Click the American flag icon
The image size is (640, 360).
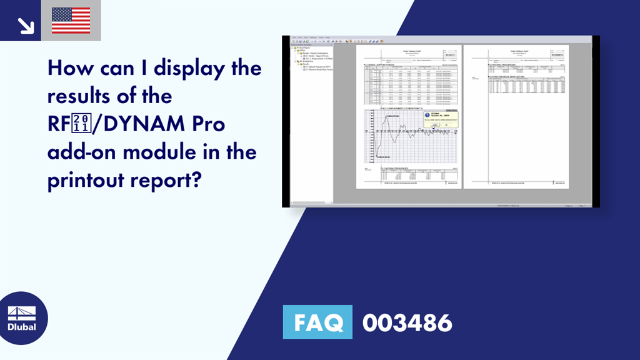pyautogui.click(x=71, y=21)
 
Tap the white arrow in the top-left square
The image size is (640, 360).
pyautogui.click(x=26, y=25)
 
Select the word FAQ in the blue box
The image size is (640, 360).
pyautogui.click(x=317, y=322)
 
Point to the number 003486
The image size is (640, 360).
pyautogui.click(x=407, y=322)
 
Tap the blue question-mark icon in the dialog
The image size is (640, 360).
pyautogui.click(x=427, y=115)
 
